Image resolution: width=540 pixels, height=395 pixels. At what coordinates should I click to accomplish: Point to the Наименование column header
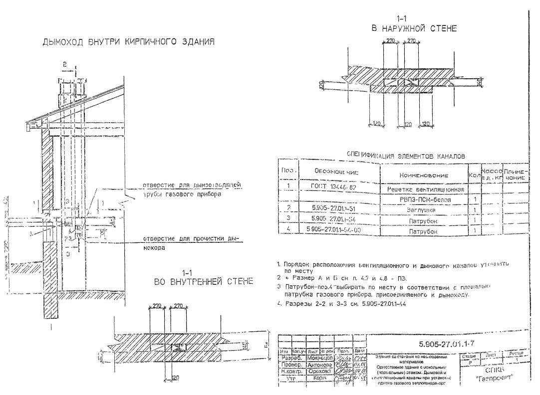coord(424,176)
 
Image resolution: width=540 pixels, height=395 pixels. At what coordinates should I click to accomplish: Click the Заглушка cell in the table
coord(423,210)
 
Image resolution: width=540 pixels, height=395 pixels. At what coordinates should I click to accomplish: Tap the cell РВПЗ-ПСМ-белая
coord(423,199)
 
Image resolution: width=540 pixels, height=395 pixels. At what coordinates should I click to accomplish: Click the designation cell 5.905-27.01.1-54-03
coord(334,230)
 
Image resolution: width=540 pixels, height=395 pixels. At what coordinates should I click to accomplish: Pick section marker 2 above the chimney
coord(64,64)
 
